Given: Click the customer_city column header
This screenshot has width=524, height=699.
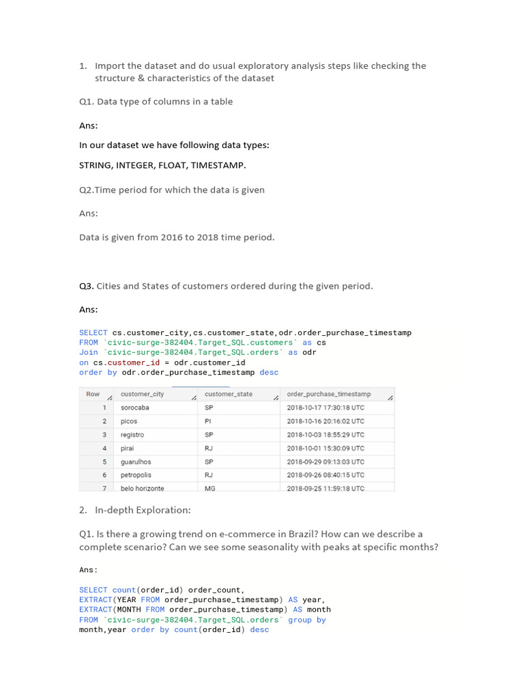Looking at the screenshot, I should (142, 394).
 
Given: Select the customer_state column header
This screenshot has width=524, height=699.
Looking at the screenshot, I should (228, 394).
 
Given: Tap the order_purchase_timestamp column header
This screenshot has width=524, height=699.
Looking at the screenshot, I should (329, 394).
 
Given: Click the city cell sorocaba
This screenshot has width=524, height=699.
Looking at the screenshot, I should (134, 408).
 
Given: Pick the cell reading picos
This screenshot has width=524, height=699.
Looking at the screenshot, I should (129, 421).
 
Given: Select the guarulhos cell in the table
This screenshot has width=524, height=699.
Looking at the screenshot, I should (136, 461).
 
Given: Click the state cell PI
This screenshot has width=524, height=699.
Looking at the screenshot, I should (208, 421).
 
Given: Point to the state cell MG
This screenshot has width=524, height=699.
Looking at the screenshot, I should (210, 488).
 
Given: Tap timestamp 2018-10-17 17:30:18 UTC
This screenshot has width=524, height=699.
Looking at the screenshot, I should (325, 408).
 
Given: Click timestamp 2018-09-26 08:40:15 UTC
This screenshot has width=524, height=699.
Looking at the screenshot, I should (325, 474).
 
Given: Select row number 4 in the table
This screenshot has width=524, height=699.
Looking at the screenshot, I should (104, 448).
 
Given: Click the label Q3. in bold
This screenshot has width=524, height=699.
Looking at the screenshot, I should (87, 286).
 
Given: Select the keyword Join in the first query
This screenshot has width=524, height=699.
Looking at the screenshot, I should (89, 352).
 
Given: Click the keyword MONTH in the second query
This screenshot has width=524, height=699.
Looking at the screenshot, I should (130, 610).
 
